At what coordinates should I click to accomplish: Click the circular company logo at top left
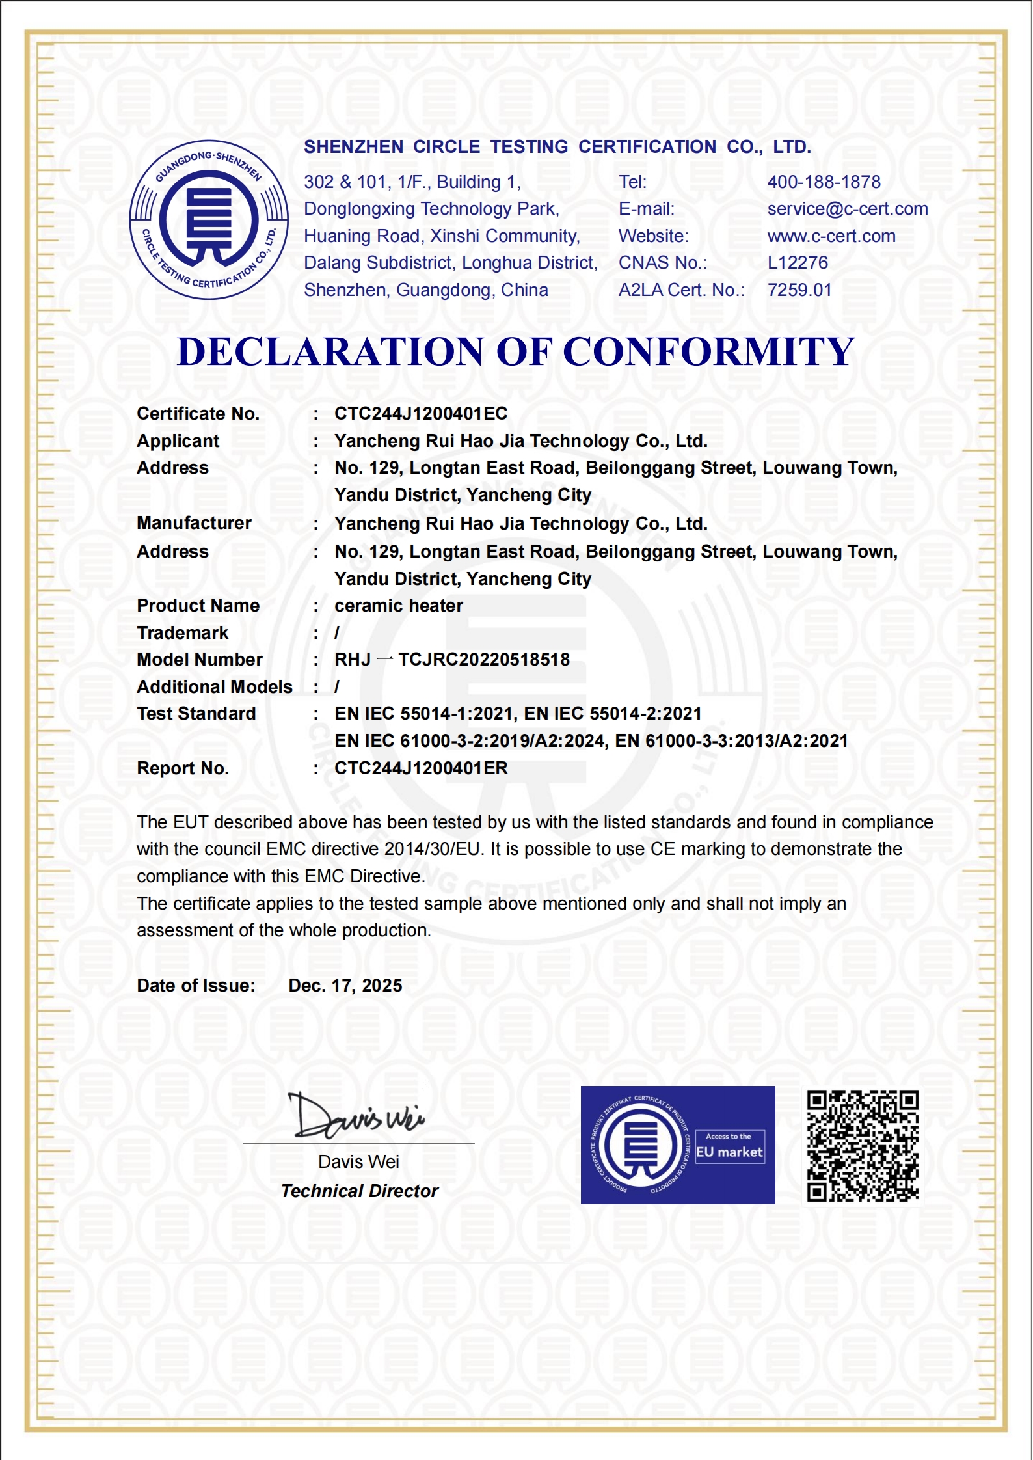click(209, 220)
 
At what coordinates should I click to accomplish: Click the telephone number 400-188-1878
click(824, 182)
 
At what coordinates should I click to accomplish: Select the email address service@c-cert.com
click(847, 209)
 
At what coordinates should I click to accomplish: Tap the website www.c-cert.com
click(831, 236)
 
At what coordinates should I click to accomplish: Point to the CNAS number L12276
click(798, 263)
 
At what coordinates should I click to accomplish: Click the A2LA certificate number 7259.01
click(799, 290)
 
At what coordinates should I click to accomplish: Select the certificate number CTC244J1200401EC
click(421, 414)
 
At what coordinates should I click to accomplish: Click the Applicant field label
click(178, 441)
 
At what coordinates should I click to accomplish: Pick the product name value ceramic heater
click(399, 606)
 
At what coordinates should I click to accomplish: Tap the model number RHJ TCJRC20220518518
click(452, 660)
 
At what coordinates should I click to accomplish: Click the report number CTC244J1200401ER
click(421, 768)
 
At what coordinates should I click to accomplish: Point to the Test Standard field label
click(196, 714)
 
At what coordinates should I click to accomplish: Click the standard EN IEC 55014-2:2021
click(613, 714)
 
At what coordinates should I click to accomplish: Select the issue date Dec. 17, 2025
click(345, 986)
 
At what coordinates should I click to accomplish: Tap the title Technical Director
click(360, 1191)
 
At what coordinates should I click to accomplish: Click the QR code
click(863, 1146)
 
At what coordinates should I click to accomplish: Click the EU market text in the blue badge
click(729, 1152)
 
